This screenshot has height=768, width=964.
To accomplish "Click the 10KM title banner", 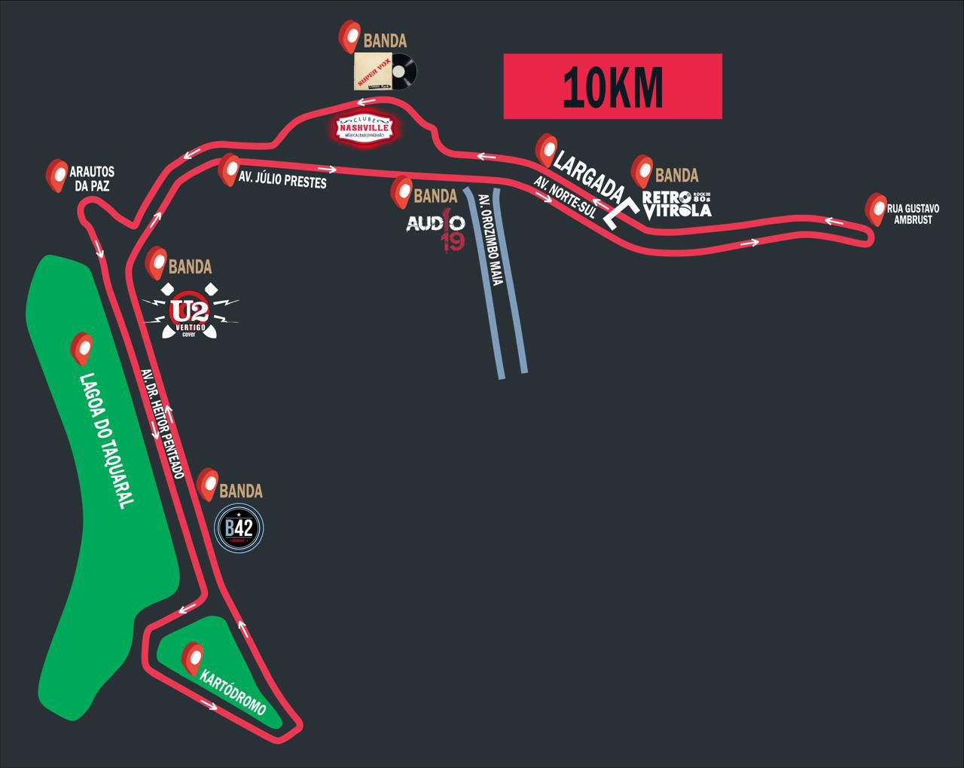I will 612,86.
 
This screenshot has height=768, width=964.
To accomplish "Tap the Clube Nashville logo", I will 364,129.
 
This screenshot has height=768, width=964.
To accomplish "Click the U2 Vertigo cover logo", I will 191,311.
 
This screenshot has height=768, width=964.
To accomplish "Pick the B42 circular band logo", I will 239,529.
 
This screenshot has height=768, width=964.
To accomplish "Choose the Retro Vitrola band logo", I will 676,203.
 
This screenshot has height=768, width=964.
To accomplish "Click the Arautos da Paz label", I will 90,179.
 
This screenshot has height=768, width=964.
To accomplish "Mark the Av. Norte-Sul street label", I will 565,197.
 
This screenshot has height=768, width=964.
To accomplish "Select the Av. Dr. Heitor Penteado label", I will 162,423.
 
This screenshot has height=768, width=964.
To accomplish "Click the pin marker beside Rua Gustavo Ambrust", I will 876,207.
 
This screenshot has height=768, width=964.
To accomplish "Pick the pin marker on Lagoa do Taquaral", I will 81,349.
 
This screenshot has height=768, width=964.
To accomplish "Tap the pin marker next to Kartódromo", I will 193,657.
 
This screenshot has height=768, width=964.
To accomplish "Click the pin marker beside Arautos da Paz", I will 56,175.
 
